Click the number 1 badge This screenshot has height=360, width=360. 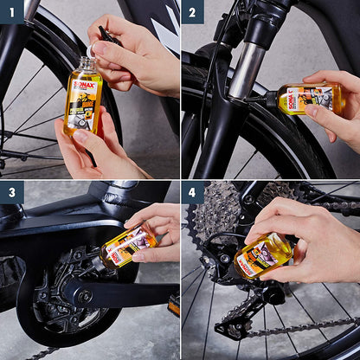(x=11, y=11)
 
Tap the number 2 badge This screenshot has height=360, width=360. (x=192, y=11)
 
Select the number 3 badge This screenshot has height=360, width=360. (x=11, y=192)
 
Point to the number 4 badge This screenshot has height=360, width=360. (x=192, y=192)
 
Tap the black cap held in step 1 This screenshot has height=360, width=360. (x=106, y=35)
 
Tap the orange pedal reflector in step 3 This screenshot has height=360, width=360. (x=174, y=305)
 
